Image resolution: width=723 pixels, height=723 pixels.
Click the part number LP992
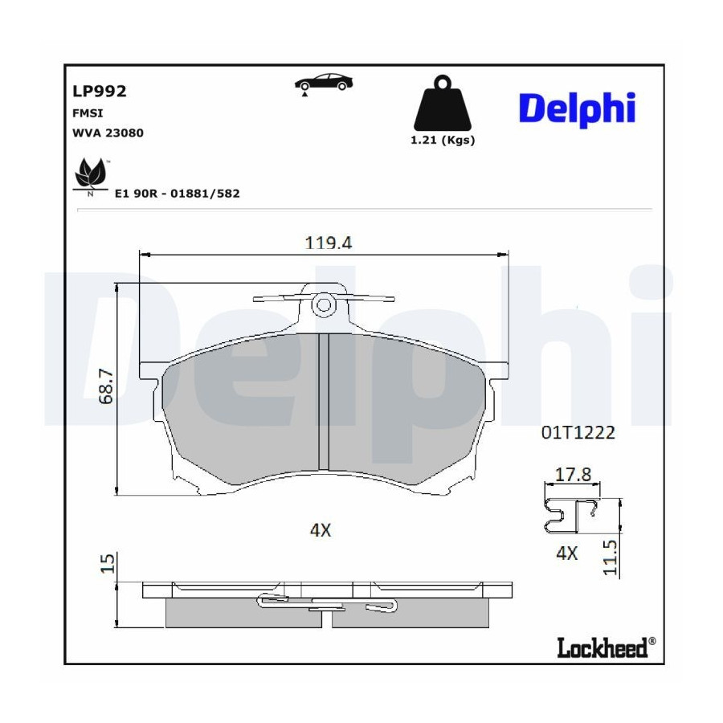pyautogui.click(x=99, y=91)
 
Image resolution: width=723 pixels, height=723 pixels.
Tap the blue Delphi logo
pyautogui.click(x=578, y=109)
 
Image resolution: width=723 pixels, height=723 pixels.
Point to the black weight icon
pyautogui.click(x=443, y=102)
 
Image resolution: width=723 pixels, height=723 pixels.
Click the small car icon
pyautogui.click(x=324, y=82)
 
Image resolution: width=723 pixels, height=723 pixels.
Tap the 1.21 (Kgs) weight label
pyautogui.click(x=443, y=140)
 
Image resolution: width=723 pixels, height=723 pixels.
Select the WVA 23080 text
pyautogui.click(x=108, y=133)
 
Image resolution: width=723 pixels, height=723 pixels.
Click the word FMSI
pyautogui.click(x=88, y=113)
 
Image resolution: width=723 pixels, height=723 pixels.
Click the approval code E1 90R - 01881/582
pyautogui.click(x=177, y=193)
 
